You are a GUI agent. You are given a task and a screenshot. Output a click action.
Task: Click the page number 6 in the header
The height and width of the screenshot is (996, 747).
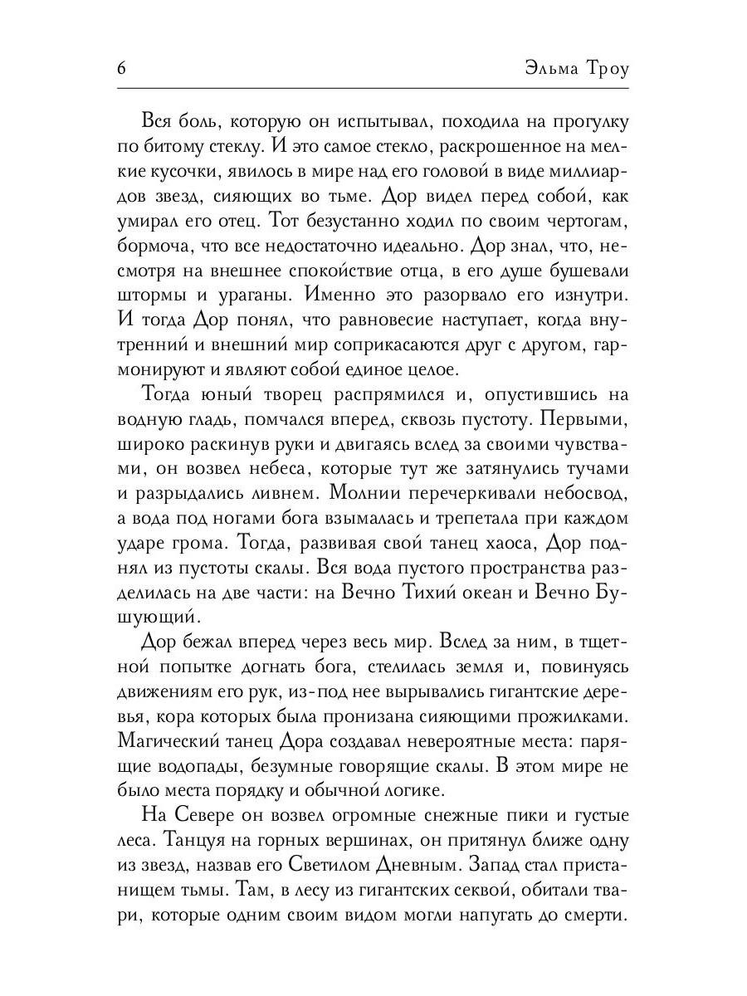click(121, 68)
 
